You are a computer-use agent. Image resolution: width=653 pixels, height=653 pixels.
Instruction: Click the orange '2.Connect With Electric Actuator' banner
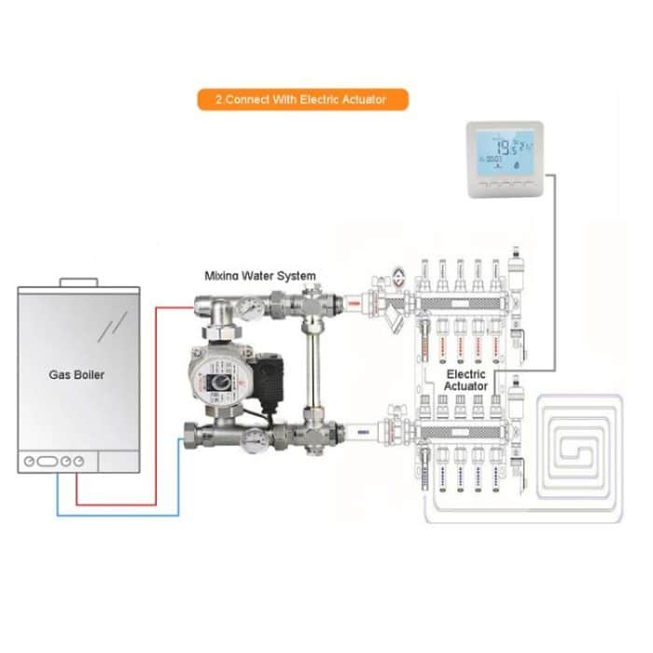(303, 99)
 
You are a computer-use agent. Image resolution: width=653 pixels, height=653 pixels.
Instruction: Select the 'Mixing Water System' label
(260, 276)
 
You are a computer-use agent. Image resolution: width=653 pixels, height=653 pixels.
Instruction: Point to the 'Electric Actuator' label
(466, 379)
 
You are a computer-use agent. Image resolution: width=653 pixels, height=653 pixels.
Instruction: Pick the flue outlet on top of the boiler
(77, 281)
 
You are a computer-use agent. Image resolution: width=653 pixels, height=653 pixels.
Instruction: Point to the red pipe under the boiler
(76, 489)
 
